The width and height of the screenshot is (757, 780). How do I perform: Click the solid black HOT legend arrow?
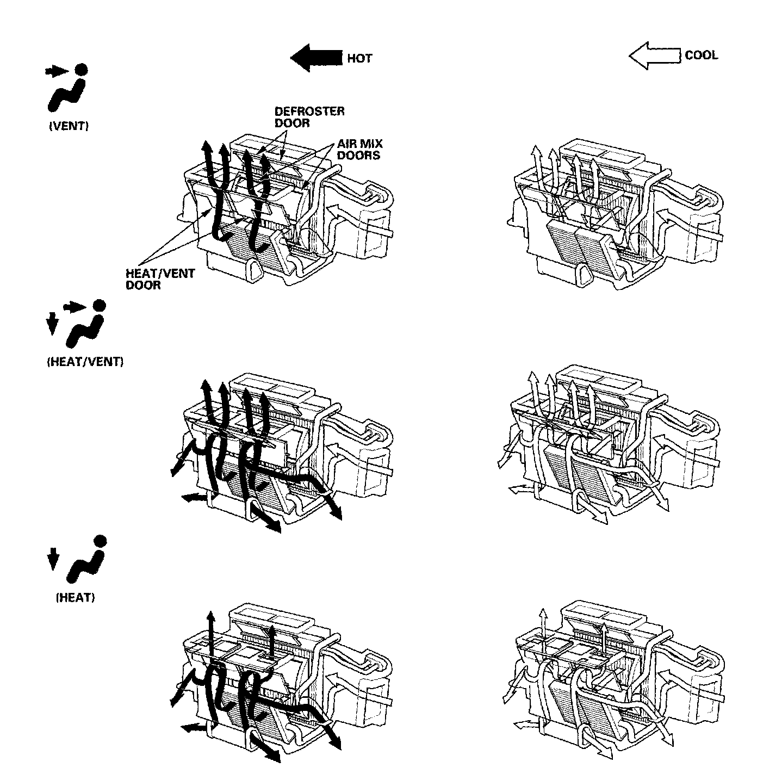point(316,57)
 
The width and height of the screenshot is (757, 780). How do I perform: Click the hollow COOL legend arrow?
point(655,55)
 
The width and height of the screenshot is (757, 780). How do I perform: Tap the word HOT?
point(359,58)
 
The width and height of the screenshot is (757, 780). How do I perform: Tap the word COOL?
point(701,55)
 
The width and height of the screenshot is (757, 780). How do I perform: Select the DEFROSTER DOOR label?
point(309,117)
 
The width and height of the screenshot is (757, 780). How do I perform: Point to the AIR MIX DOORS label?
point(359,149)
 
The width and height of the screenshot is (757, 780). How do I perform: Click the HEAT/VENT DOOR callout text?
point(160,279)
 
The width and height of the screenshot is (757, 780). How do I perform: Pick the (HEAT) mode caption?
point(76,597)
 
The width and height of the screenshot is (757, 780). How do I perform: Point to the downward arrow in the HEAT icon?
point(52,559)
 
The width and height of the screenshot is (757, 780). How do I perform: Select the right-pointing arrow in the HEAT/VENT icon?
point(75,307)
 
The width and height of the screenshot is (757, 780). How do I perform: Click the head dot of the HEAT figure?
point(99,541)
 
